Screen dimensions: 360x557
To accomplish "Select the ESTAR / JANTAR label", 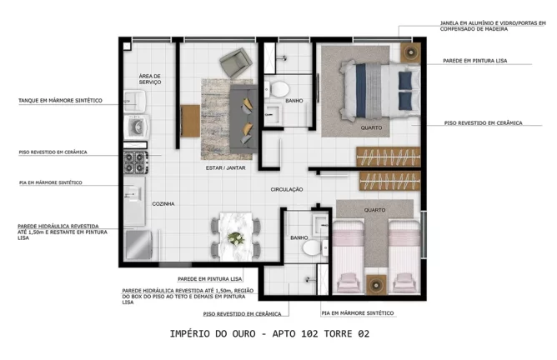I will point(224,168).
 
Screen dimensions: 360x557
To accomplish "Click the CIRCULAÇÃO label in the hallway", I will point(286,190).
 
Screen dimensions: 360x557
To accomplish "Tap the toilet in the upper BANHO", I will point(280,88).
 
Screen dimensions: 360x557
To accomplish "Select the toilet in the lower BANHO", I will point(310,247).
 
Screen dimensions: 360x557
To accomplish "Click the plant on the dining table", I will point(237,239).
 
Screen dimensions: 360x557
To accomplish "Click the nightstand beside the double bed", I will point(409,52).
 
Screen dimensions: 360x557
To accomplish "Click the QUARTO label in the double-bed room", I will point(371,128).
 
